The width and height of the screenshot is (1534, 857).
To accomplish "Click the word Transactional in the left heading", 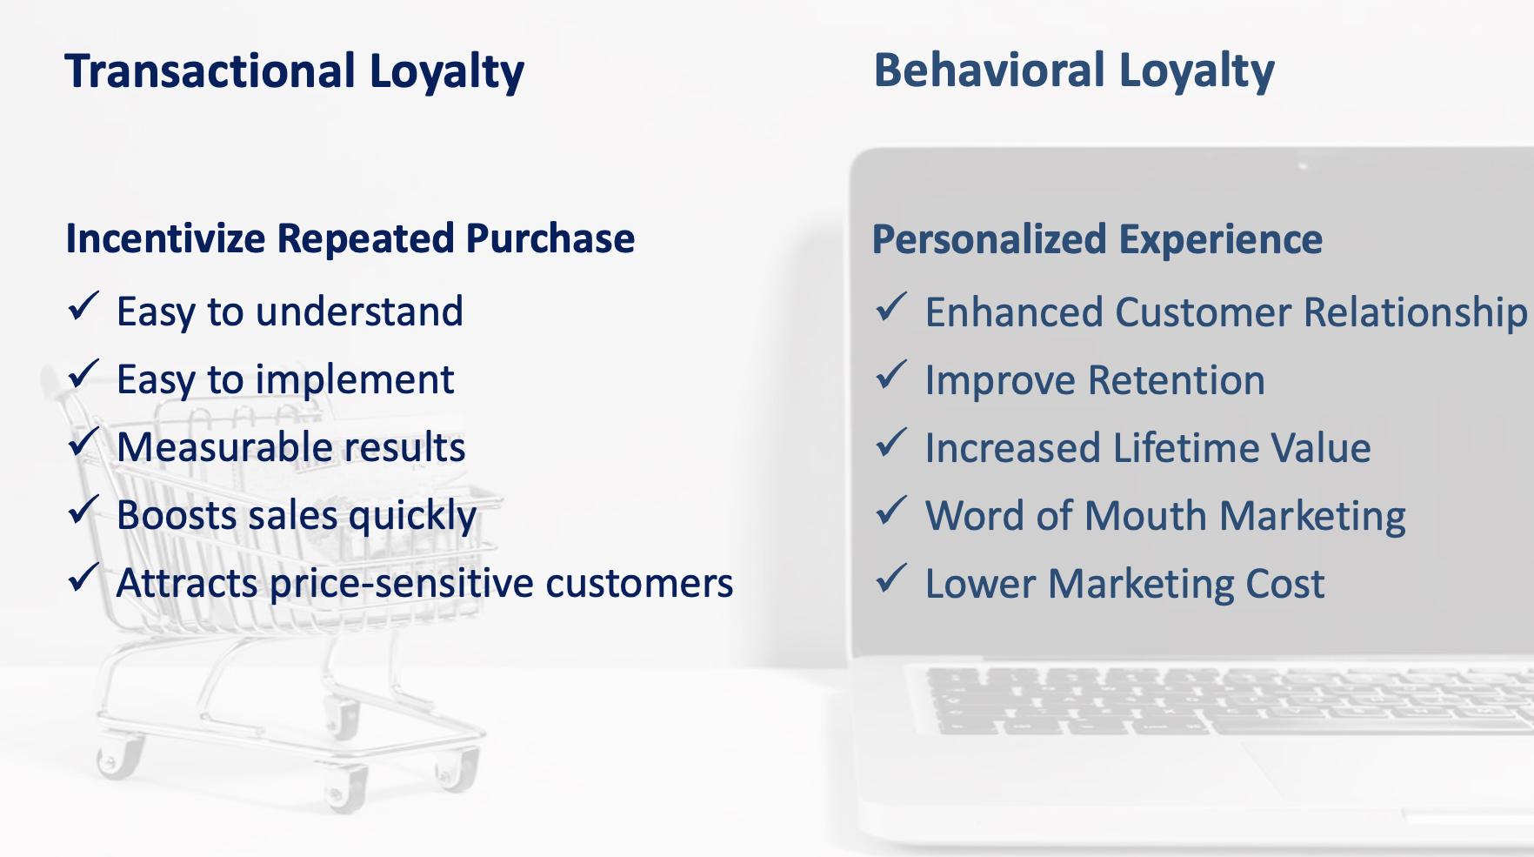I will pos(210,71).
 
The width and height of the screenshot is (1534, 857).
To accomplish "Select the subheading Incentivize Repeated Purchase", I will pos(350,238).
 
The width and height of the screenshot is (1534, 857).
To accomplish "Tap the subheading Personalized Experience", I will pos(1097,239).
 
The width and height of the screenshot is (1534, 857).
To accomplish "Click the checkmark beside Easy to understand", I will pos(83,307).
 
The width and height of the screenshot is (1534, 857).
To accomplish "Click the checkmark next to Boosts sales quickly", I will pos(83,511).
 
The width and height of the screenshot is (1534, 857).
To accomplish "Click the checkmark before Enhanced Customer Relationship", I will pos(891,308).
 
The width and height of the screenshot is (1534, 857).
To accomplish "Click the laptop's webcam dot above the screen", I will pos(1302,164).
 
